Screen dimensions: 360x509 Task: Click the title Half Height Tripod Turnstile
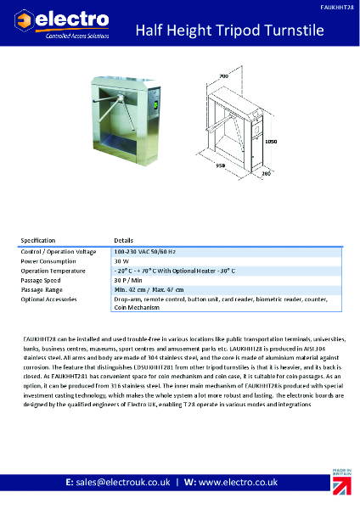[231, 31]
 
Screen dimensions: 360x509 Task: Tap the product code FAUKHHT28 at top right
[338, 5]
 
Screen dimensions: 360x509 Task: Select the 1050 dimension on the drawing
[271, 142]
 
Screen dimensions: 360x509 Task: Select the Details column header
[124, 240]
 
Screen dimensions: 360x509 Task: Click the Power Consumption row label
[48, 261]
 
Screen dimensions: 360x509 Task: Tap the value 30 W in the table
[121, 261]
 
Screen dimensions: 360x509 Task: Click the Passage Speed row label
[42, 280]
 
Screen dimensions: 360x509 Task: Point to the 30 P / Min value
[129, 280]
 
